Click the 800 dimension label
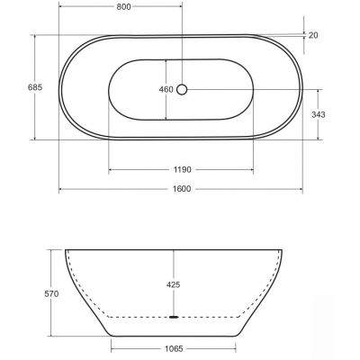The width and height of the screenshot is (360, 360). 123,7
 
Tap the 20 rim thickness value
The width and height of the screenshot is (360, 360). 313,35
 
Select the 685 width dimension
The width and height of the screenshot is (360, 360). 35,87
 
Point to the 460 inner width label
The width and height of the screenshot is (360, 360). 166,89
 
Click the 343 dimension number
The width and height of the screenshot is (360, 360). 319,114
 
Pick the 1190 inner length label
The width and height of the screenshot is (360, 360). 182,170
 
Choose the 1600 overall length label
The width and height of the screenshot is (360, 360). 182,189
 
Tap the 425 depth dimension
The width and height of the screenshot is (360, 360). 174,284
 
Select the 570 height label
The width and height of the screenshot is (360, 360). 51,294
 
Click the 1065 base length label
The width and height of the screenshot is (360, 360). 174,349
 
